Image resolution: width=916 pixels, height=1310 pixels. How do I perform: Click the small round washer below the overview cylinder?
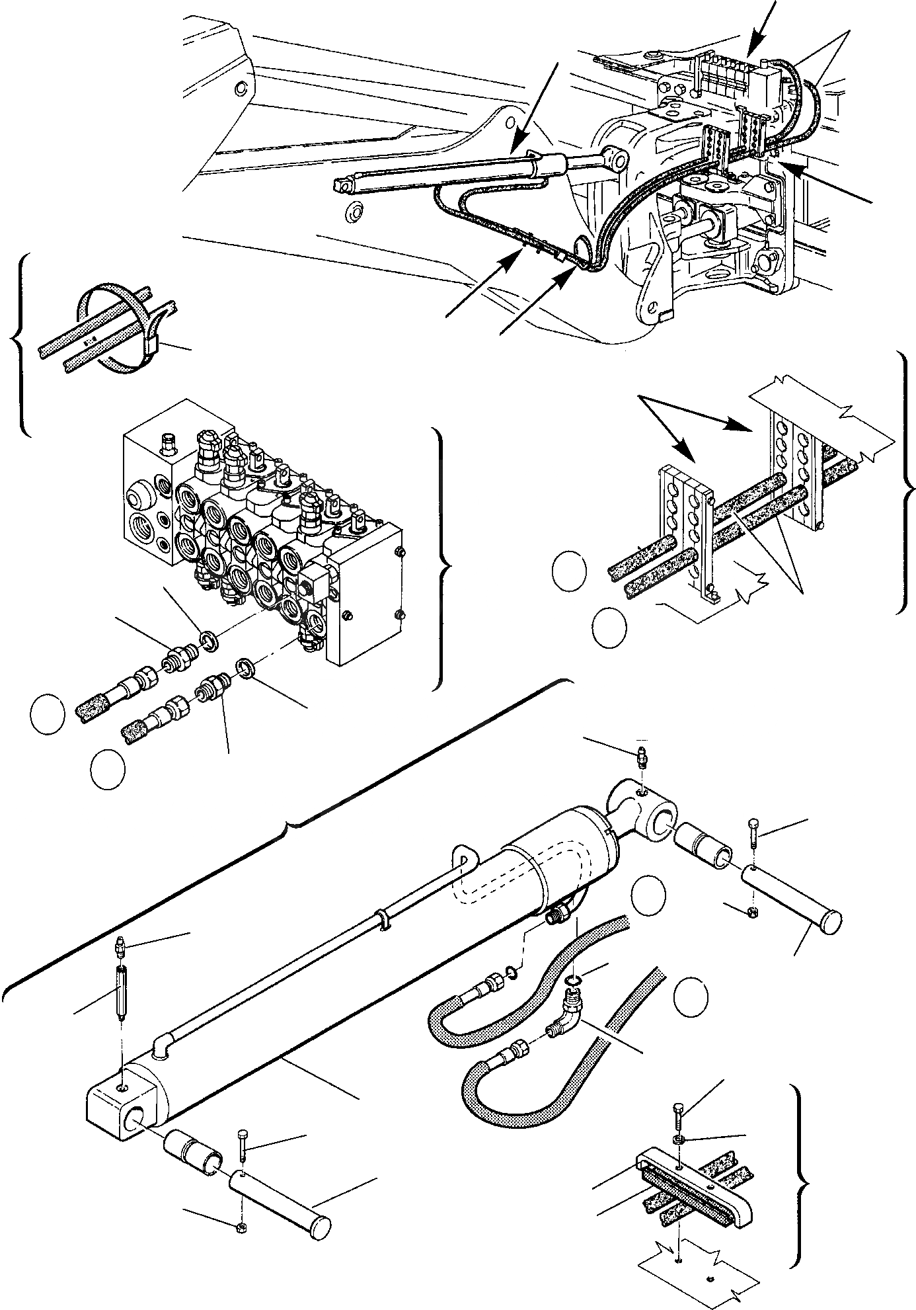355,210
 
